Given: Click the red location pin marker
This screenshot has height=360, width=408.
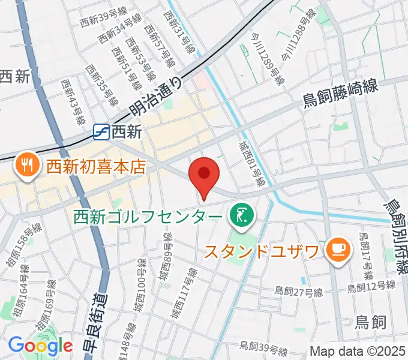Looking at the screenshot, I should pyautogui.click(x=204, y=174).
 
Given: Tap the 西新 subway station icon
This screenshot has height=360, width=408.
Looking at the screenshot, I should pyautogui.click(x=101, y=131).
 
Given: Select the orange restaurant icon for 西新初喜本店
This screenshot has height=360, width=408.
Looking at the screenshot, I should pyautogui.click(x=26, y=164).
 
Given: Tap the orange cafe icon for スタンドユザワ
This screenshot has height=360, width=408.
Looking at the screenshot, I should pyautogui.click(x=336, y=249).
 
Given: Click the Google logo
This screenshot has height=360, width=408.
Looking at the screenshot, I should pyautogui.click(x=40, y=346).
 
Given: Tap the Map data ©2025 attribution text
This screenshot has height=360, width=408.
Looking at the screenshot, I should pyautogui.click(x=358, y=351).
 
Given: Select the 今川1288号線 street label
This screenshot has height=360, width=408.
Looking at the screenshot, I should pyautogui.click(x=298, y=35).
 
